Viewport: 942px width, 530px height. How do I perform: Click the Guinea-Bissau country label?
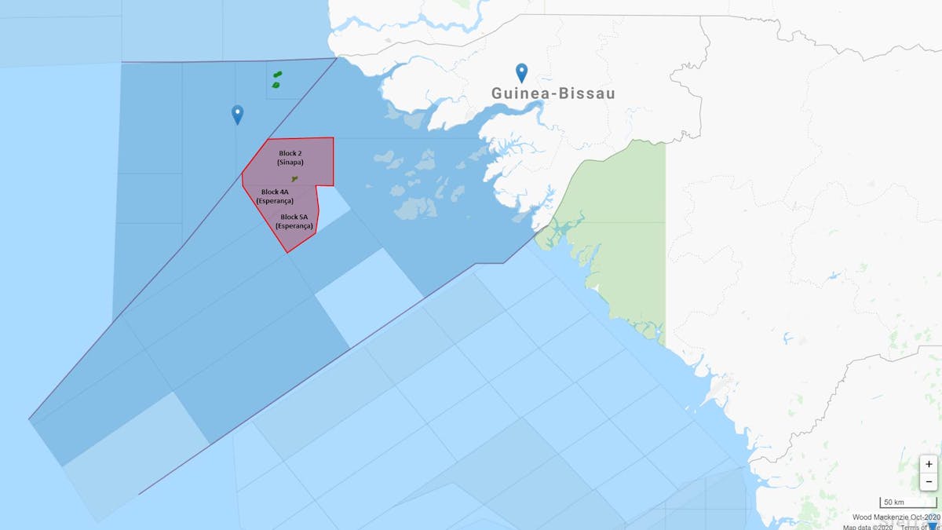click(553, 93)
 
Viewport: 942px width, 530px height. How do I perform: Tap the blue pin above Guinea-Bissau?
click(521, 72)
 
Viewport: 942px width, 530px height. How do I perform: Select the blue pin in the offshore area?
click(237, 114)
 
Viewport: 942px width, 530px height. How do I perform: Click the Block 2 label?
click(290, 153)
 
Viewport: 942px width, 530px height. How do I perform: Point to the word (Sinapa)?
click(290, 163)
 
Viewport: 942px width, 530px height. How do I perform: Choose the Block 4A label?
click(275, 192)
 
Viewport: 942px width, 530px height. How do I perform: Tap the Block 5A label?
click(294, 217)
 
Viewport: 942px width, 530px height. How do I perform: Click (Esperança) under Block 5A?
click(294, 226)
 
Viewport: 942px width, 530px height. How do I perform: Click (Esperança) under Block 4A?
click(275, 201)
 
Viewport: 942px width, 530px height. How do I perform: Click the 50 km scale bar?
click(908, 503)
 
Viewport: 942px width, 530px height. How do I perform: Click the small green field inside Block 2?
click(294, 179)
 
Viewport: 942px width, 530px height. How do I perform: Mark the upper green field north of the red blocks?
click(278, 75)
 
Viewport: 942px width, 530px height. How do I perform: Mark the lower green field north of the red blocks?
click(276, 84)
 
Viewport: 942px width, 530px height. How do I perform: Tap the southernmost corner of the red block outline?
click(288, 252)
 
